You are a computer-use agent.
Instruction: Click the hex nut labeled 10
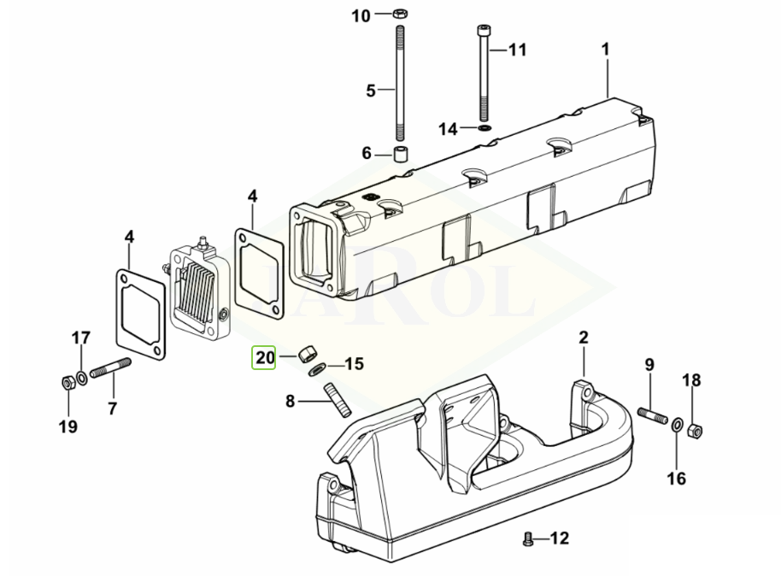399,15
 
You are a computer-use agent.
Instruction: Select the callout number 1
606,49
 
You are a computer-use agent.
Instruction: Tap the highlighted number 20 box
264,357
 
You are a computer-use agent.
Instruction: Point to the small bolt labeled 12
526,538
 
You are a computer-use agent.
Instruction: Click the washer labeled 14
484,128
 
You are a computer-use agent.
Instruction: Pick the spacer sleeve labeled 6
399,155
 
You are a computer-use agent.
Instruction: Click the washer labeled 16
677,424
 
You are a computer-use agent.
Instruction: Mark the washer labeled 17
81,377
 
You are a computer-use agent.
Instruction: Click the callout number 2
584,338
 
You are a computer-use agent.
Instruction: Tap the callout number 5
371,90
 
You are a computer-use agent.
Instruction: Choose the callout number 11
518,50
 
